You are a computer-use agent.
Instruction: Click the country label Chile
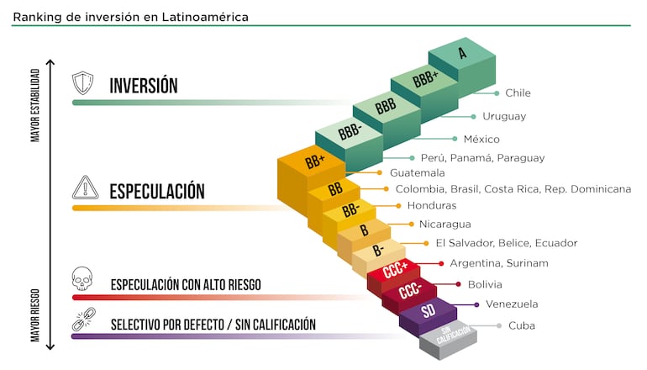pos(518,93)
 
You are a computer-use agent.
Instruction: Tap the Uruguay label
pos(504,116)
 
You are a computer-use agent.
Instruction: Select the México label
pos(481,139)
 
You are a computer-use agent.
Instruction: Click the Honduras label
pos(432,206)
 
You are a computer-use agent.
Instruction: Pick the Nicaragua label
pos(444,225)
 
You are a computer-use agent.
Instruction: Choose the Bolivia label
pos(485,285)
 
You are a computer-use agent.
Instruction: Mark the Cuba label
pos(521,325)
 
